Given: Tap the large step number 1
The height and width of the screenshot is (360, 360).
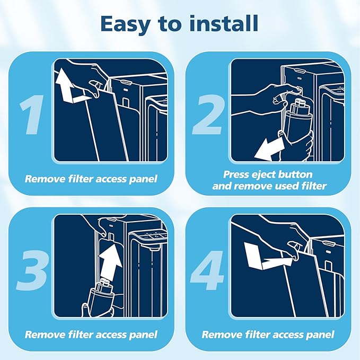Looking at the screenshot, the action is (32, 115).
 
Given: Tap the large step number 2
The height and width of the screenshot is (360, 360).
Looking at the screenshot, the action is (208, 115).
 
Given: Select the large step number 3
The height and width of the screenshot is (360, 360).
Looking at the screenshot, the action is (32, 270).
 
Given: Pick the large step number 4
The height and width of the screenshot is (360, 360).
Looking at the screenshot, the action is (207, 270).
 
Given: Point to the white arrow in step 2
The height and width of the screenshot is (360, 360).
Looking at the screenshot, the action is (270, 148).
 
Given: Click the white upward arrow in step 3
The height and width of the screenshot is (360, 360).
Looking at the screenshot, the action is (110, 262).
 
